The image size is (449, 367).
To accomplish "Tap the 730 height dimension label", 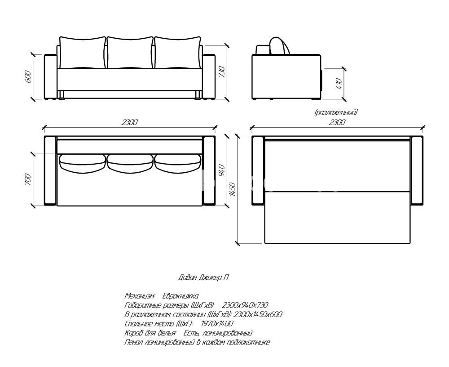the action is click(x=222, y=72).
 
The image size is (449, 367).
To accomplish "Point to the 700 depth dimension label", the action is click(x=28, y=179).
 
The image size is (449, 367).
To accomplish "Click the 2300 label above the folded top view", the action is click(x=130, y=122).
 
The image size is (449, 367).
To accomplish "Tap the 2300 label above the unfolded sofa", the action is click(x=337, y=122).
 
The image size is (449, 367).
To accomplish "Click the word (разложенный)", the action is click(x=336, y=112).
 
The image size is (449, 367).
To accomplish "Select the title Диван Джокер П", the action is click(x=203, y=277).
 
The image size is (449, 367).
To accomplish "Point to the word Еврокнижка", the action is click(x=180, y=296).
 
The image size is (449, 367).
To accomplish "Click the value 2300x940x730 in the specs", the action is click(x=245, y=305).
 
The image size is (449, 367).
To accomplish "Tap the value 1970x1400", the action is click(x=217, y=324).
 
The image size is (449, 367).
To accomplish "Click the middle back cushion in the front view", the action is click(x=130, y=53).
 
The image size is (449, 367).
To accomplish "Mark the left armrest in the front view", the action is click(x=51, y=76).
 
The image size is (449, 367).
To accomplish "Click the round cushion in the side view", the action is click(x=279, y=46).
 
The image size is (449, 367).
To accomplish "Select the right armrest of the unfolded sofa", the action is click(x=417, y=171).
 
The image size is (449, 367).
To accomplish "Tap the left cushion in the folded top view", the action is click(x=82, y=162).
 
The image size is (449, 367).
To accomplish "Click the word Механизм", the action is click(x=140, y=296).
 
